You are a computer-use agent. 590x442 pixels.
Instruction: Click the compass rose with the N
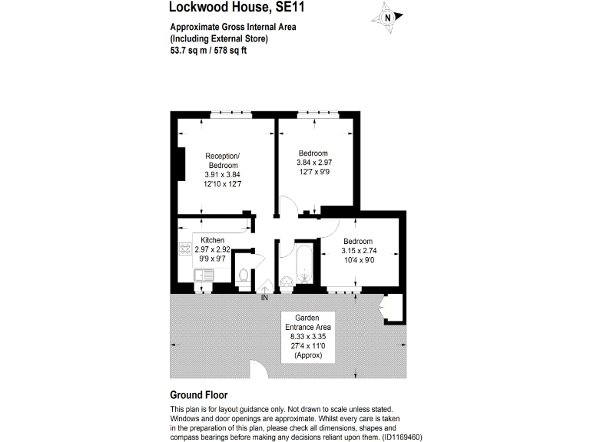(389, 18)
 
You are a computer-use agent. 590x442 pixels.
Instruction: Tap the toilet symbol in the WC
(244, 275)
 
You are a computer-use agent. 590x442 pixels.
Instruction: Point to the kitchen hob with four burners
(184, 250)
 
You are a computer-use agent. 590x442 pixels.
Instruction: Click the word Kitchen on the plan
(212, 240)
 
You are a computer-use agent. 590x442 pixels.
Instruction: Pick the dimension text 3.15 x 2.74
(360, 250)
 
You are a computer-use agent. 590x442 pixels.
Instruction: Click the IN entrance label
(265, 297)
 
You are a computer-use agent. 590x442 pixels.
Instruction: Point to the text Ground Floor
(199, 395)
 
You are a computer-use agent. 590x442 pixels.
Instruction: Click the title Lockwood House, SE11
(228, 8)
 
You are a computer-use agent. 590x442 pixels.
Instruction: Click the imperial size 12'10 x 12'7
(222, 184)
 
